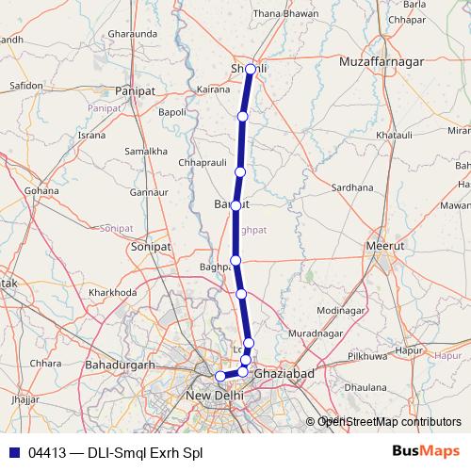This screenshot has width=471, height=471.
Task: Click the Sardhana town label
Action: coord(352,187)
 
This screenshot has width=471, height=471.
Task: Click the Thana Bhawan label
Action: coord(281,40)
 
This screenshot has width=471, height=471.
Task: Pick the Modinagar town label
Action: coord(340,310)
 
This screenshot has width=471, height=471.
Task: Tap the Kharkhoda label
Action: coord(112,292)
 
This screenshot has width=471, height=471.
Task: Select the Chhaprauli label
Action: coord(200,162)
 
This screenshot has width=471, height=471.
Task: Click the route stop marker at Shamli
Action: coord(250,69)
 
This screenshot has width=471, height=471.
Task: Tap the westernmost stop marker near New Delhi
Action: coord(220,377)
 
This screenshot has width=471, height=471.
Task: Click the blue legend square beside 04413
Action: coord(14,451)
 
